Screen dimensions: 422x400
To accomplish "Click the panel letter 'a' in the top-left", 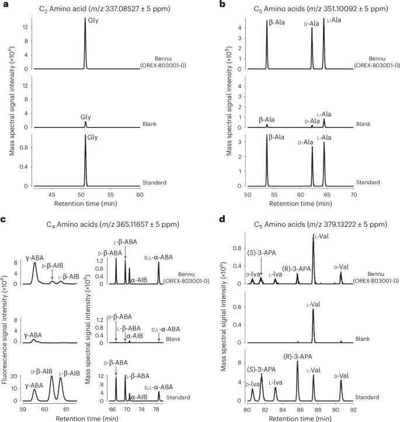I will click(x=4, y=5).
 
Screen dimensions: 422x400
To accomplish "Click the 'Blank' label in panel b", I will click(x=363, y=124).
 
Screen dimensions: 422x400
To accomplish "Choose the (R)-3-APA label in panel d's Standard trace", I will click(x=296, y=356).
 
